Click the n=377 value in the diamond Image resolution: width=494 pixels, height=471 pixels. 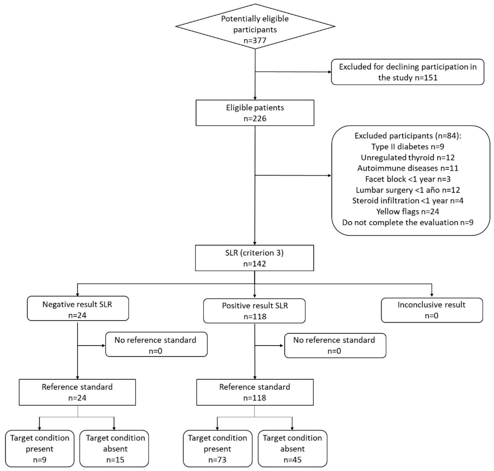click(255, 40)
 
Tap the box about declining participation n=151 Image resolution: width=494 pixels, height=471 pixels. click(407, 72)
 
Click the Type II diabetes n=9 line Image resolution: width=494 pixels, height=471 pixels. click(407, 147)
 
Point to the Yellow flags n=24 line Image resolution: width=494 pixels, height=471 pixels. click(407, 212)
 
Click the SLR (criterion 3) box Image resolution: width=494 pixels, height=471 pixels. click(254, 258)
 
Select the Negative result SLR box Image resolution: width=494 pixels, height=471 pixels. click(78, 308)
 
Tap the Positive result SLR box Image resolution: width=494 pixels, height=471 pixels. click(254, 311)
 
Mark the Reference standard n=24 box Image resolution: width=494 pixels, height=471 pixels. click(77, 392)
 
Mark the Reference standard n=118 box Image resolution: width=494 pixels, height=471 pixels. click(255, 392)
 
